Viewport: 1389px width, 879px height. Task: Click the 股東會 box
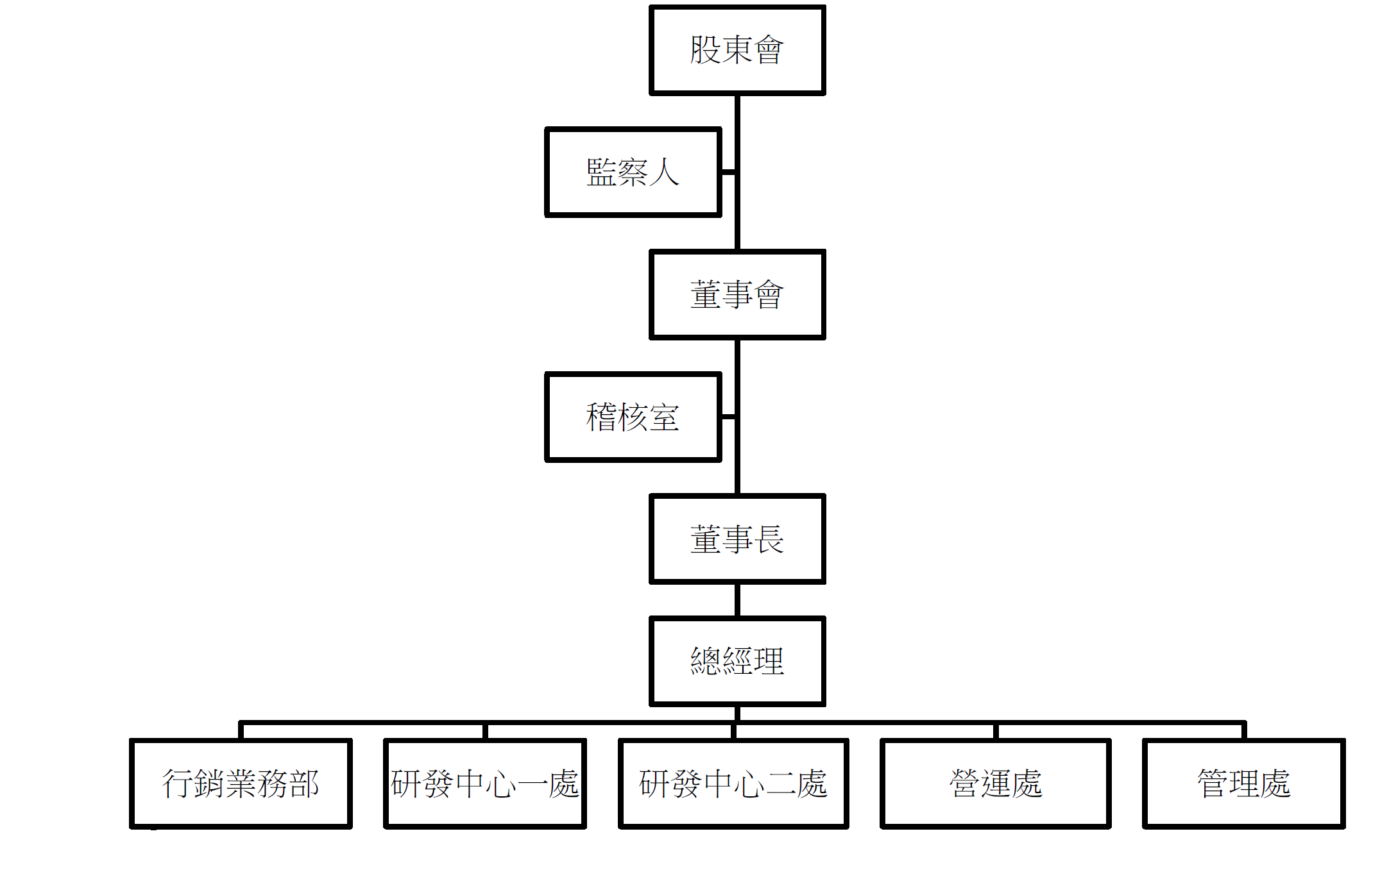pos(737,50)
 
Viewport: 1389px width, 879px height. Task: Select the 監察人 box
pos(633,172)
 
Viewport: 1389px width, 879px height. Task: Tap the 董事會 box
pos(737,294)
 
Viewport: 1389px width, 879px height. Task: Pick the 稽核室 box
pos(633,417)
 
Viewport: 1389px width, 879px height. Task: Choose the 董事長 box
pos(737,539)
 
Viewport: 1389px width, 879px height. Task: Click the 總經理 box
pos(737,661)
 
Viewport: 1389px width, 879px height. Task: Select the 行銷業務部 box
pos(241,783)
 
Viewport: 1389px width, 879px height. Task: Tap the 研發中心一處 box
pos(485,783)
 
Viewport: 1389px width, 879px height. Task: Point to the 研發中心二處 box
pos(733,783)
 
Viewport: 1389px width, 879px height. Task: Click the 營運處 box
pos(996,783)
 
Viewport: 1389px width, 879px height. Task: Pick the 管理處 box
pos(1244,783)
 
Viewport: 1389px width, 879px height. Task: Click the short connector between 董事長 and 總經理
pos(737,600)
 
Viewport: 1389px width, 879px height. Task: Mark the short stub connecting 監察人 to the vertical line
pos(728,172)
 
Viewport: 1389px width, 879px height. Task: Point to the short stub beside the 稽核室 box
pos(728,417)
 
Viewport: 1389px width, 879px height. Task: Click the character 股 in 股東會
pos(705,50)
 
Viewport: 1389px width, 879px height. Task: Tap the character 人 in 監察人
pos(664,172)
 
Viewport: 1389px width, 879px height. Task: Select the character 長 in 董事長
pos(769,539)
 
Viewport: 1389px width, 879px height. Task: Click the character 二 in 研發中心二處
pos(780,784)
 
